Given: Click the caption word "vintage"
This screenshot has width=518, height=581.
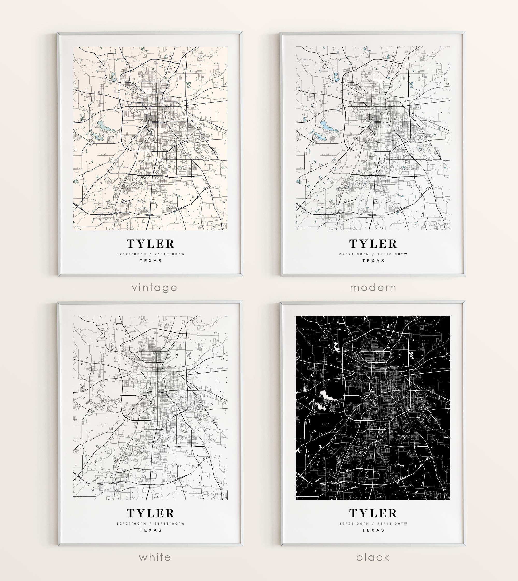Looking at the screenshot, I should point(154,288).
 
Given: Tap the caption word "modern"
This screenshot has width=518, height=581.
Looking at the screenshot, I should point(373,288).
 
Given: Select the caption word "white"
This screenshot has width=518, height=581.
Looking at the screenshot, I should point(155,557).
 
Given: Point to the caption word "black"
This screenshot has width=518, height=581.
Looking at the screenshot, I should point(372,557).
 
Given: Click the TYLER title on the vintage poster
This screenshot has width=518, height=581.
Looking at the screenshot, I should point(150,244).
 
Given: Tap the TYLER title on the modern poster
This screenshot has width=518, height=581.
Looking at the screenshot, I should point(373,244).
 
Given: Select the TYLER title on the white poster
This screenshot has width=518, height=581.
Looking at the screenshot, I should point(150,513).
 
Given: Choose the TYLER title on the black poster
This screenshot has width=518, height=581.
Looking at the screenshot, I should point(373,513).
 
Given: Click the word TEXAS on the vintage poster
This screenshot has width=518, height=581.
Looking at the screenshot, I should point(150,261).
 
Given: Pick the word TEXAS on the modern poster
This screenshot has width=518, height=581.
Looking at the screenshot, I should point(373,261).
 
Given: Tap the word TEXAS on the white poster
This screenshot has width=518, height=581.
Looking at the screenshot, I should point(150,530).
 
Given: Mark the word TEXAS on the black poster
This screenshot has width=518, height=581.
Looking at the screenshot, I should point(373,530).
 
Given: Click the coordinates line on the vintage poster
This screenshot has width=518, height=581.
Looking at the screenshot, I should point(150,254).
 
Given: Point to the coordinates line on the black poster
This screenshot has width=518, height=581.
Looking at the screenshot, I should point(373,524).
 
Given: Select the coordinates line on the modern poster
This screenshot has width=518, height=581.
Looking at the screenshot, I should point(373,254).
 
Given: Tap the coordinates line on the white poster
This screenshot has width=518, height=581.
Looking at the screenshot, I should point(150,524).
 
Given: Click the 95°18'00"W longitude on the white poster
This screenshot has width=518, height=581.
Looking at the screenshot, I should point(170,524).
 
